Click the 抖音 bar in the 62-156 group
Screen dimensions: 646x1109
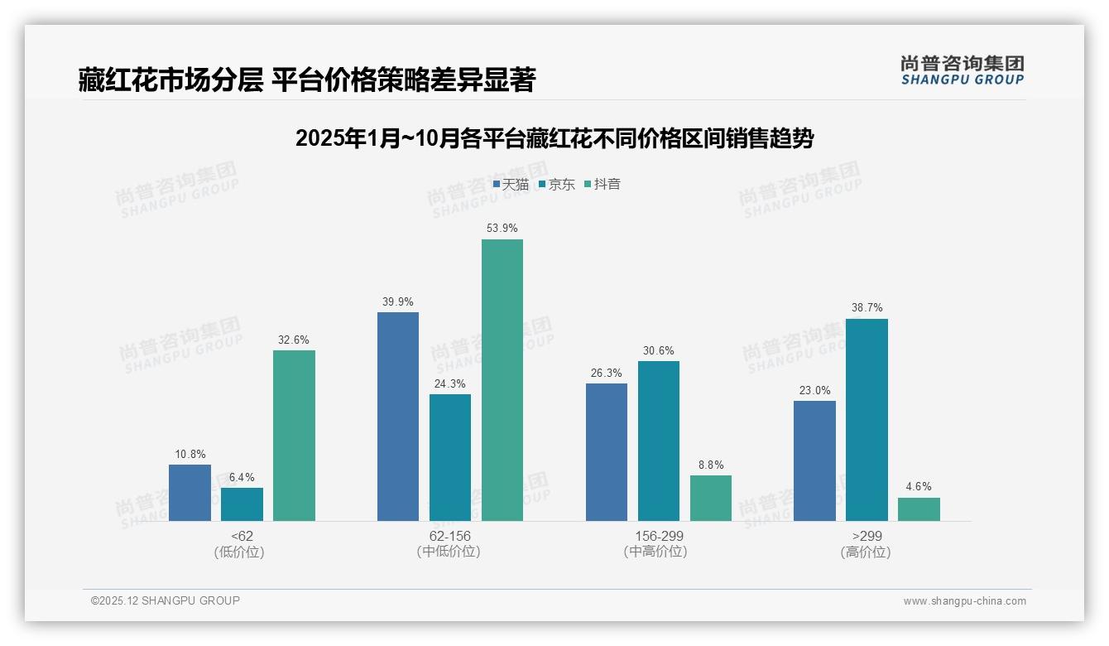(502, 380)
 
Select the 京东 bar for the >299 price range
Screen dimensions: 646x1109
(867, 420)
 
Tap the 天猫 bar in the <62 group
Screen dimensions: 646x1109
(190, 493)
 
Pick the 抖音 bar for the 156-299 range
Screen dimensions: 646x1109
(711, 498)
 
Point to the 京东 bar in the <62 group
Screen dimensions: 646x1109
(242, 504)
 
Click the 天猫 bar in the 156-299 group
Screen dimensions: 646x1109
(607, 452)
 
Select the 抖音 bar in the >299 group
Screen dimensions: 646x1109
(919, 509)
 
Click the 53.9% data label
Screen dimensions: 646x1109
(502, 228)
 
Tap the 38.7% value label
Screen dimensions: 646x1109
(867, 307)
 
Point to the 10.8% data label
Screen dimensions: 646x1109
(190, 454)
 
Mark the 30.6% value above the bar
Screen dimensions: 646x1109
(659, 350)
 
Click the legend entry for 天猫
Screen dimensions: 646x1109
(511, 185)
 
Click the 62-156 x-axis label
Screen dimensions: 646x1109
(449, 536)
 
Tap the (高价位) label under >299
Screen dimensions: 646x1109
(866, 552)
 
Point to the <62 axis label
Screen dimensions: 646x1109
(242, 536)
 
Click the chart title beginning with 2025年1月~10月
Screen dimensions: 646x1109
(554, 138)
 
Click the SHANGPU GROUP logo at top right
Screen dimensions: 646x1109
(962, 70)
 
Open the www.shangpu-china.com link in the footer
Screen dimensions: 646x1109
(964, 601)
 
